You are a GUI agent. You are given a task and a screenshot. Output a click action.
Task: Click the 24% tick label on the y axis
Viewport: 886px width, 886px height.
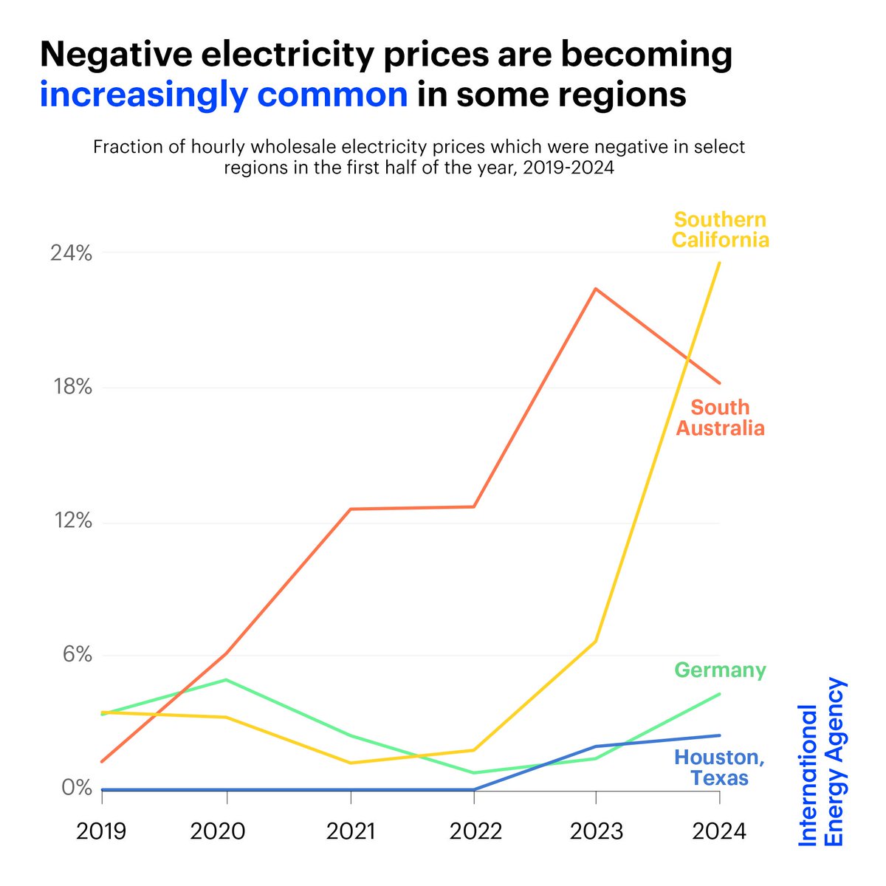[71, 253]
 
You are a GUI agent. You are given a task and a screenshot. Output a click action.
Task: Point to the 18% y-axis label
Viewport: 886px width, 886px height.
[71, 387]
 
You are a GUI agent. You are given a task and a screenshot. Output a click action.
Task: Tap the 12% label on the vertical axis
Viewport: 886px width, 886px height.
[71, 521]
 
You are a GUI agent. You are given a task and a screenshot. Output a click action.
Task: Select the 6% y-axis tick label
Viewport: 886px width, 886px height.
[76, 655]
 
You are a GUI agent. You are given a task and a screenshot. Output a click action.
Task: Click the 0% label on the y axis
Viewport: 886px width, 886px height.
[76, 788]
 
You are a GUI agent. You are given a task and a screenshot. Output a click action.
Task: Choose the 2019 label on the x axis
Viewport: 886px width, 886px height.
[102, 831]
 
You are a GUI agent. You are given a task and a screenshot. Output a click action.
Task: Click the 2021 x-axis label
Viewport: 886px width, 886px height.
[351, 831]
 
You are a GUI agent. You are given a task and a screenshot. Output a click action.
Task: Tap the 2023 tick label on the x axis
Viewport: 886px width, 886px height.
[597, 831]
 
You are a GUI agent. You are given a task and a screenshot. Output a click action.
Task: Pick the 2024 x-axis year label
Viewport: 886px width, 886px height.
[719, 831]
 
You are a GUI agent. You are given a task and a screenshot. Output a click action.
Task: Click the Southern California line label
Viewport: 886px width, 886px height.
[720, 230]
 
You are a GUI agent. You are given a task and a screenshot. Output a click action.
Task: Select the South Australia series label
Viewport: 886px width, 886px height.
[720, 418]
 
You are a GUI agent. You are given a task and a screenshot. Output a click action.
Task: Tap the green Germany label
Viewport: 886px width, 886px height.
[720, 670]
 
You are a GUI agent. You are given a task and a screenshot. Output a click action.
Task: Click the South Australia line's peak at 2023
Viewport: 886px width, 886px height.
[596, 289]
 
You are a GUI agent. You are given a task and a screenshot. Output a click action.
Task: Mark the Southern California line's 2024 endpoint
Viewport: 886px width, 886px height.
[720, 263]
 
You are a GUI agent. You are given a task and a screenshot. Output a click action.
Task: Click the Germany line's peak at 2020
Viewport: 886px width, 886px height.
[227, 679]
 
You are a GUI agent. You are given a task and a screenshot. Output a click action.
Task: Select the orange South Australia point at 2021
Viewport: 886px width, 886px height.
[351, 509]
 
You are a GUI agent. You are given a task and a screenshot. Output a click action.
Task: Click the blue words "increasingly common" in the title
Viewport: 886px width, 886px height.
[223, 95]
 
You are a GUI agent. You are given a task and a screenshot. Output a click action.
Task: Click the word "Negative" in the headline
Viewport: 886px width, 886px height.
[135, 55]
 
